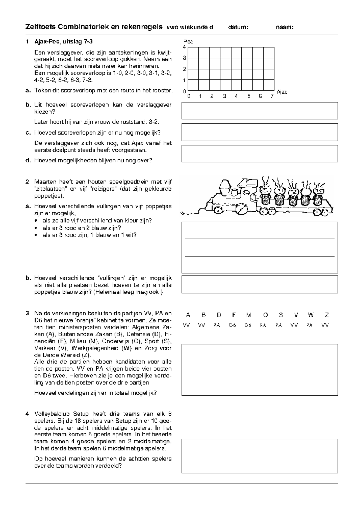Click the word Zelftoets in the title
41,27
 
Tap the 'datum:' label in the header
238,28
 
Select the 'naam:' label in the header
284,28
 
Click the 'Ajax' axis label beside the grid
282,92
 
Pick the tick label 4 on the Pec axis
184,47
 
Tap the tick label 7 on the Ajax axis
272,97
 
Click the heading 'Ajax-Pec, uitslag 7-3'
65,42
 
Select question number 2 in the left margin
27,182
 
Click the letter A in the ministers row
188,315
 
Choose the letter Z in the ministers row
327,315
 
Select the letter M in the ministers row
248,315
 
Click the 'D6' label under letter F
233,325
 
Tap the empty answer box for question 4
260,456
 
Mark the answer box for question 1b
260,111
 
